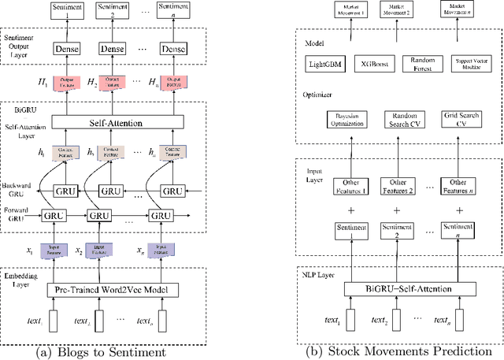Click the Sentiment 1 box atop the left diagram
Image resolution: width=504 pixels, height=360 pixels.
point(66,10)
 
